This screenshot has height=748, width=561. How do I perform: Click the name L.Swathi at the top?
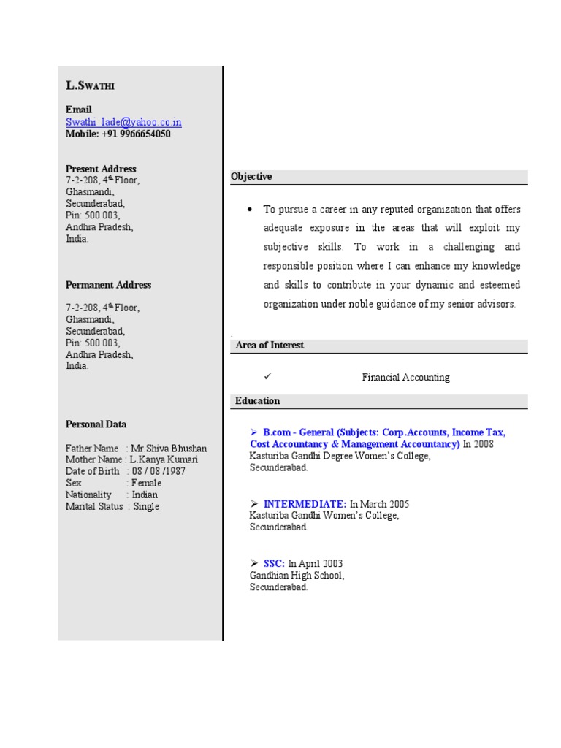point(90,85)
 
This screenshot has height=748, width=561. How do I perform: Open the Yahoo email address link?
point(123,122)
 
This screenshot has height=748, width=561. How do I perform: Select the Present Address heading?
point(101,169)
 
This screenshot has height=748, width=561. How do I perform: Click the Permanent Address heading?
point(108,285)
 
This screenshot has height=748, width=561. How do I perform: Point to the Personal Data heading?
point(96,424)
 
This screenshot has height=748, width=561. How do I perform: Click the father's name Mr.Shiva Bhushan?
point(169,448)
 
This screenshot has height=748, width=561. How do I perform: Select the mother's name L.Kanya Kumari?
point(164,459)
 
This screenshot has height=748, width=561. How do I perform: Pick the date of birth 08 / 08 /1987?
point(159,471)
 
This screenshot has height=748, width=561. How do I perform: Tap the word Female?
point(146,483)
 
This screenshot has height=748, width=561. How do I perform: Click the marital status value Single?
point(145,506)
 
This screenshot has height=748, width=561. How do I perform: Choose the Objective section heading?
point(251,177)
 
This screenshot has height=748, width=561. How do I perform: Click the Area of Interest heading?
point(270,346)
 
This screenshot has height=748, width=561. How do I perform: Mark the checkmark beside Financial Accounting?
point(267,376)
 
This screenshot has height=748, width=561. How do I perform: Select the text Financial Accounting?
point(405,378)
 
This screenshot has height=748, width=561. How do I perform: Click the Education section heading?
point(257,401)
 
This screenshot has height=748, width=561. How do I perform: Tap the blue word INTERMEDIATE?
point(305,504)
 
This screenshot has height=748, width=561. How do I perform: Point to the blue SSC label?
point(274,564)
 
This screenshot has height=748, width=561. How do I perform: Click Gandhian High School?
point(297,576)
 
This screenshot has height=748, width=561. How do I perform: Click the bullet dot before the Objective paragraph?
point(250,210)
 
